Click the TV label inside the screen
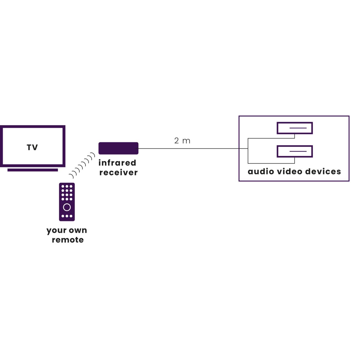[x=32, y=148]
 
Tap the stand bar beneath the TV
[x=32, y=170]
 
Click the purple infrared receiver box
[x=118, y=148]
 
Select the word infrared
[x=117, y=163]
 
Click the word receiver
[x=118, y=172]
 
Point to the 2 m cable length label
[x=182, y=141]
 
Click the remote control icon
[x=67, y=202]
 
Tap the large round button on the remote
[x=67, y=207]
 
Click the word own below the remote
[x=78, y=230]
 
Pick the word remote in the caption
[x=67, y=240]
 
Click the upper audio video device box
[x=294, y=128]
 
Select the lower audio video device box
[x=294, y=151]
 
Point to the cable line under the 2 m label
[x=192, y=148]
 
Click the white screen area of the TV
[x=18, y=138]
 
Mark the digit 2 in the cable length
[x=176, y=141]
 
